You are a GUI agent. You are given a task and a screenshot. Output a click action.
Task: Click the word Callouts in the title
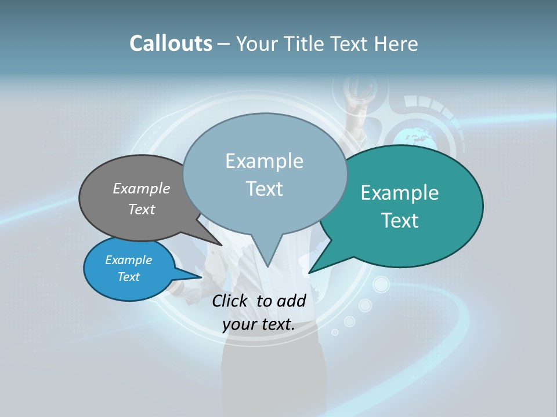[171, 43]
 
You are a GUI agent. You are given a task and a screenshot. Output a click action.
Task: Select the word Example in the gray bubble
[142, 188]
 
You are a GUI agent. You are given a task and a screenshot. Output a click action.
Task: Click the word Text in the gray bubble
[142, 209]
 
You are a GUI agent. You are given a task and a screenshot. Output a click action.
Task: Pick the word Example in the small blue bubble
[128, 260]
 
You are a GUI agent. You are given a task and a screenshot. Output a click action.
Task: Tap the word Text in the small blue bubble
[128, 277]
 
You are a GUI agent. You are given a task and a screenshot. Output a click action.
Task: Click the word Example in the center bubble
[264, 161]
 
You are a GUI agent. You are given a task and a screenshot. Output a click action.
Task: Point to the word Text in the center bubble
[264, 189]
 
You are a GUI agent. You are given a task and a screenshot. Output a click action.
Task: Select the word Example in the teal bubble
[400, 193]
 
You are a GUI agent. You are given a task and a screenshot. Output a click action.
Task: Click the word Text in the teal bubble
[400, 221]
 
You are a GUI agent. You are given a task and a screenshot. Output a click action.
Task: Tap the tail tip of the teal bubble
[309, 272]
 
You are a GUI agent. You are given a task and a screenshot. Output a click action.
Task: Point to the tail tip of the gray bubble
[222, 245]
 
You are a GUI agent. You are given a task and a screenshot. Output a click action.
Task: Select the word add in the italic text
[291, 301]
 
